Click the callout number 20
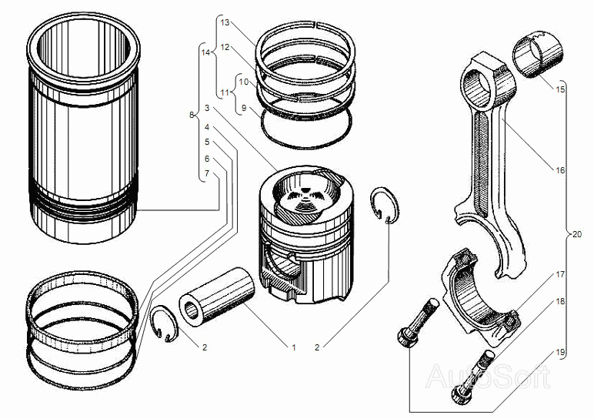coord(576,235)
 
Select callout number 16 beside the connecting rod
coord(560,171)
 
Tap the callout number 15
coord(560,89)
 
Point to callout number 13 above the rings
coord(225,23)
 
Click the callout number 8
coord(192,115)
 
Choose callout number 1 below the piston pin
coord(293,347)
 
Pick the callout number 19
coord(560,353)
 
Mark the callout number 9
coord(244,108)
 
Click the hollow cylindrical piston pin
coord(217,297)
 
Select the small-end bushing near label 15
coord(538,55)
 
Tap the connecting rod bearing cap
coord(481,297)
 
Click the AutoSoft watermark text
coord(488,376)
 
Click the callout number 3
coord(207,108)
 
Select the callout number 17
coord(560,274)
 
